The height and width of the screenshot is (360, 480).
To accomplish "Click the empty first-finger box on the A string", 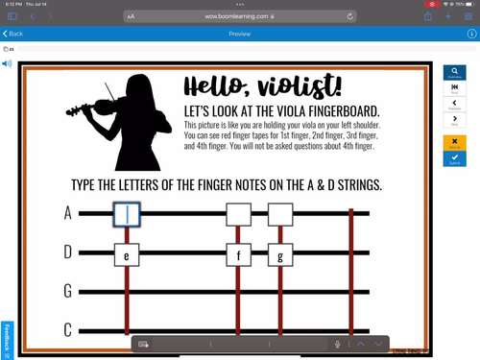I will pyautogui.click(x=128, y=214).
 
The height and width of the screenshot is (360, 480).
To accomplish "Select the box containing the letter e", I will pyautogui.click(x=128, y=255).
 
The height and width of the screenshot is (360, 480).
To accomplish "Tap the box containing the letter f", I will pyautogui.click(x=238, y=255).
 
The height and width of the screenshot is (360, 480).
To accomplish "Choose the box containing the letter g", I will pyautogui.click(x=279, y=255).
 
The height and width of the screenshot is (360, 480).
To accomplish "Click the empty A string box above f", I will pyautogui.click(x=238, y=213).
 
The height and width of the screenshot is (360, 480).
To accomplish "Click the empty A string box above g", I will pyautogui.click(x=279, y=213).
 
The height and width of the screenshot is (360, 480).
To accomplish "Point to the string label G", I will pyautogui.click(x=68, y=291).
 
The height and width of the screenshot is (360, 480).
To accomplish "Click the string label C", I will pyautogui.click(x=68, y=329).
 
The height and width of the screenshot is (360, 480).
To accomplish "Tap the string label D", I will pyautogui.click(x=68, y=252).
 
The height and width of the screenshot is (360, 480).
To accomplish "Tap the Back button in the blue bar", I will pyautogui.click(x=13, y=34).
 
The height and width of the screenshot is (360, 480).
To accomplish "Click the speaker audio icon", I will pyautogui.click(x=8, y=64).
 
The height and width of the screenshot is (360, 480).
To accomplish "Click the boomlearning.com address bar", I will pyautogui.click(x=240, y=16).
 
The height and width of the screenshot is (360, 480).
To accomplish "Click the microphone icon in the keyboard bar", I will pyautogui.click(x=338, y=344).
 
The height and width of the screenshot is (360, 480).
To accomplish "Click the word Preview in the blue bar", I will pyautogui.click(x=240, y=34).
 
